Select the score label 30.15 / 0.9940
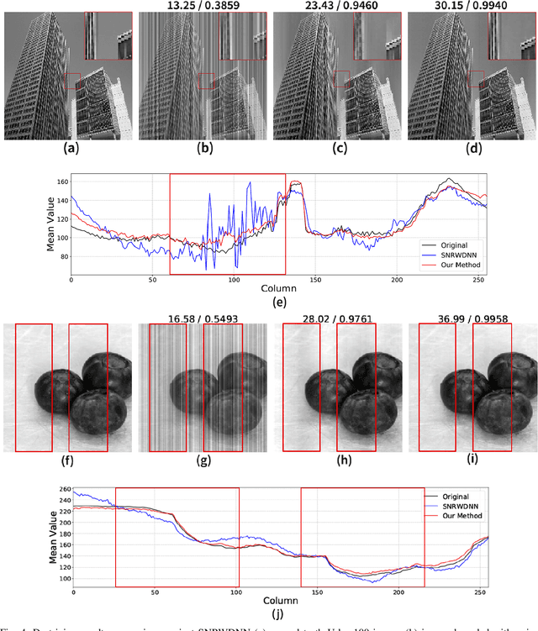pos(467,6)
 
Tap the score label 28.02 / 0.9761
pos(335,316)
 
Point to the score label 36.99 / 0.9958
pos(467,316)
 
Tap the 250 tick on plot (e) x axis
pos(477,280)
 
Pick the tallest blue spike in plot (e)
pos(250,184)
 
